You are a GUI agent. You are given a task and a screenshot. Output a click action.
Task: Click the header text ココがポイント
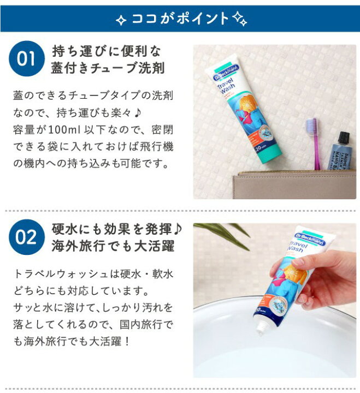click(x=180, y=19)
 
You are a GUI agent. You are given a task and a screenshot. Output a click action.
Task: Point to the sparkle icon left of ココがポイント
click(x=122, y=20)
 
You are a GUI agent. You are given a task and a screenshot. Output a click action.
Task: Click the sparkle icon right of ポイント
click(x=239, y=20)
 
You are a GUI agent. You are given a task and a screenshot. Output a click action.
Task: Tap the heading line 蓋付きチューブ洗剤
click(x=108, y=69)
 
